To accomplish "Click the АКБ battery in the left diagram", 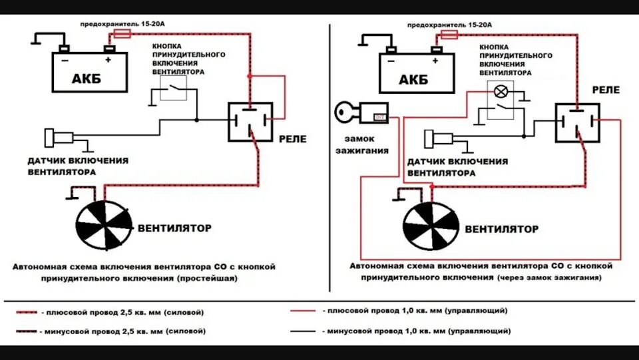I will click(x=89, y=73).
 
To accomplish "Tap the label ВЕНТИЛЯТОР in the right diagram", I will click(x=501, y=230).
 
